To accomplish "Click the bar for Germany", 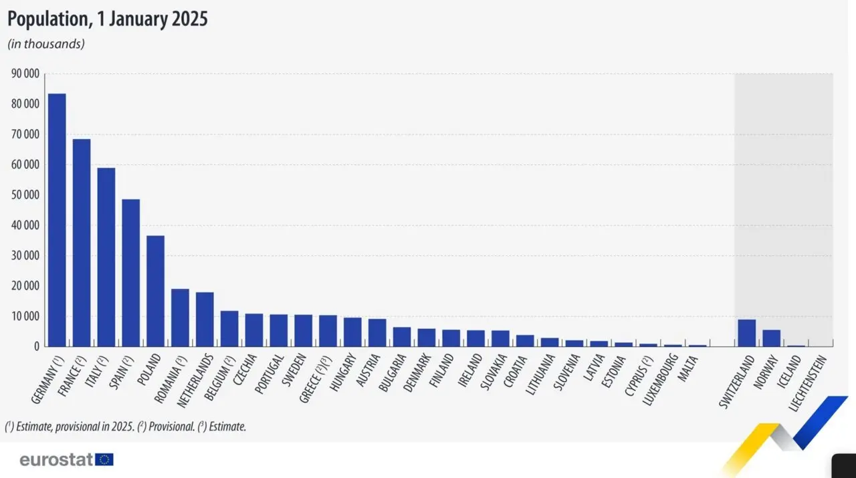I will (57, 220).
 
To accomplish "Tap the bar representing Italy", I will (106, 257).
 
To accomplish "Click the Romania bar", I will (180, 318).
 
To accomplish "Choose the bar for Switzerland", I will (747, 333).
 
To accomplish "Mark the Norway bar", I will (771, 338).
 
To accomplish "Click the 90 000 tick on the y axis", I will (25, 74).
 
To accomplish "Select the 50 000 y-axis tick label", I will (25, 195).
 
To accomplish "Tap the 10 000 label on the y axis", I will (25, 316).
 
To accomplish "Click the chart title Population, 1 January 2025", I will (108, 19).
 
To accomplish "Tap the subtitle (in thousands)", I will (45, 44).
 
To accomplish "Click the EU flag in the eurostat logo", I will (104, 459).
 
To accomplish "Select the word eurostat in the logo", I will (56, 460).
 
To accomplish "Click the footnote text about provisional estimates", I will (126, 426).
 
